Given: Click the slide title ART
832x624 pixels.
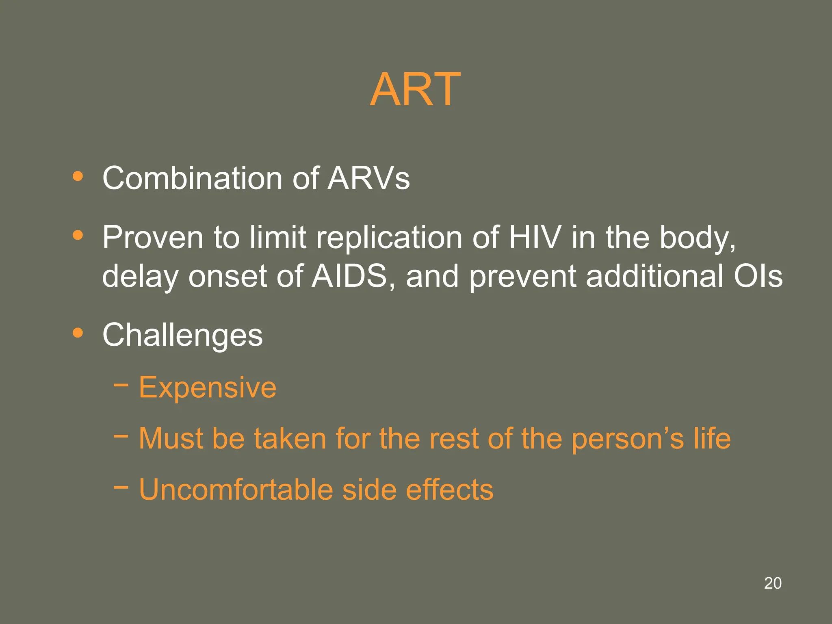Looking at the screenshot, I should pos(415,89).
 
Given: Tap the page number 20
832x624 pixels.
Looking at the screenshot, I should pos(773,583).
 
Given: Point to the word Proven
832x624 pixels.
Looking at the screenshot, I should pos(152,237).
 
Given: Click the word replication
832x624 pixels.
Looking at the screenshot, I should pos(389,237).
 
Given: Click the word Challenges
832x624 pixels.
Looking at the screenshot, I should pos(182,336).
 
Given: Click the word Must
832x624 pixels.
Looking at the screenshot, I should pos(171,438).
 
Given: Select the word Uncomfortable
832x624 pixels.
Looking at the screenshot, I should pos(236,490).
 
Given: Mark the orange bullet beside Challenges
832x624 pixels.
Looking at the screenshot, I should pos(78,333).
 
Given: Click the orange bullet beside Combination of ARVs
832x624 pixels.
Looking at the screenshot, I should pos(78,176).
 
